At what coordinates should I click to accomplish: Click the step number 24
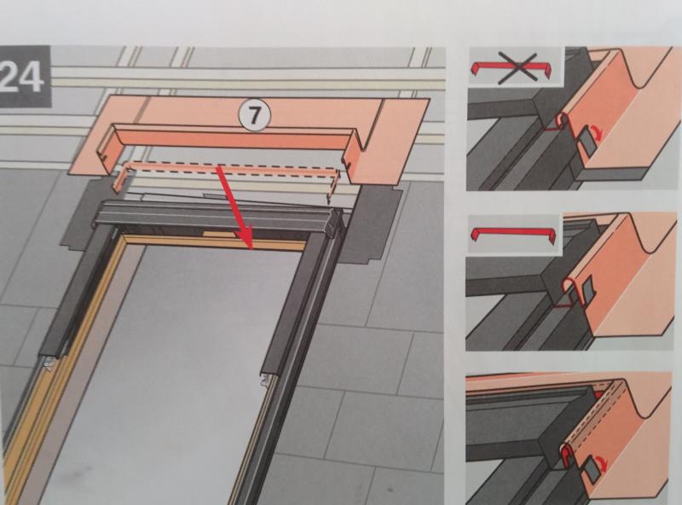22,77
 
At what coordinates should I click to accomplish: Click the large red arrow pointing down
236,207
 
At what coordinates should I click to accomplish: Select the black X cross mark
517,68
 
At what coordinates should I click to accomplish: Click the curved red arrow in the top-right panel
596,134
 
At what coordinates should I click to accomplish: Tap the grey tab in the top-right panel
585,142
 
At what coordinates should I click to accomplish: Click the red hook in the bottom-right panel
567,457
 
